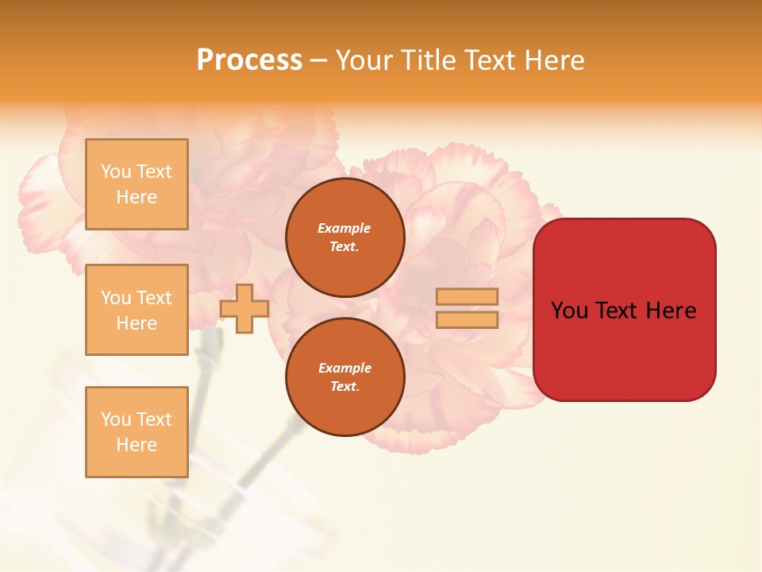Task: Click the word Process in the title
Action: [x=249, y=60]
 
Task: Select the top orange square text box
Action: [x=137, y=184]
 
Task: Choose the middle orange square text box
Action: [x=137, y=310]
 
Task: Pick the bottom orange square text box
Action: [x=137, y=431]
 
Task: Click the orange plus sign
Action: [x=244, y=308]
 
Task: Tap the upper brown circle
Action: [x=345, y=238]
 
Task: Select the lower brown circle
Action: [x=345, y=377]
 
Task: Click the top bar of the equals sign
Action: [x=467, y=297]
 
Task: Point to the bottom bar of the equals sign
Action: [x=467, y=319]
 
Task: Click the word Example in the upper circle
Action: [x=344, y=228]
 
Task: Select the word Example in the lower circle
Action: [x=344, y=368]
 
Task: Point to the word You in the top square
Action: [x=115, y=172]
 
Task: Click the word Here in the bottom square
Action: [x=137, y=445]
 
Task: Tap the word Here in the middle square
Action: [x=137, y=323]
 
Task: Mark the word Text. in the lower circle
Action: [x=344, y=387]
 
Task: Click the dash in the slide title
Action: [x=319, y=60]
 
